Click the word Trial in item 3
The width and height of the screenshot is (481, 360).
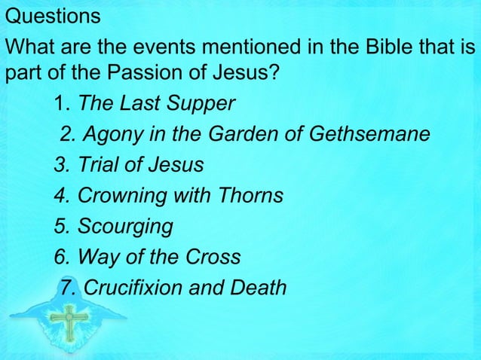[93, 165]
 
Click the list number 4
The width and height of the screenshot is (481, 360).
[60, 196]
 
